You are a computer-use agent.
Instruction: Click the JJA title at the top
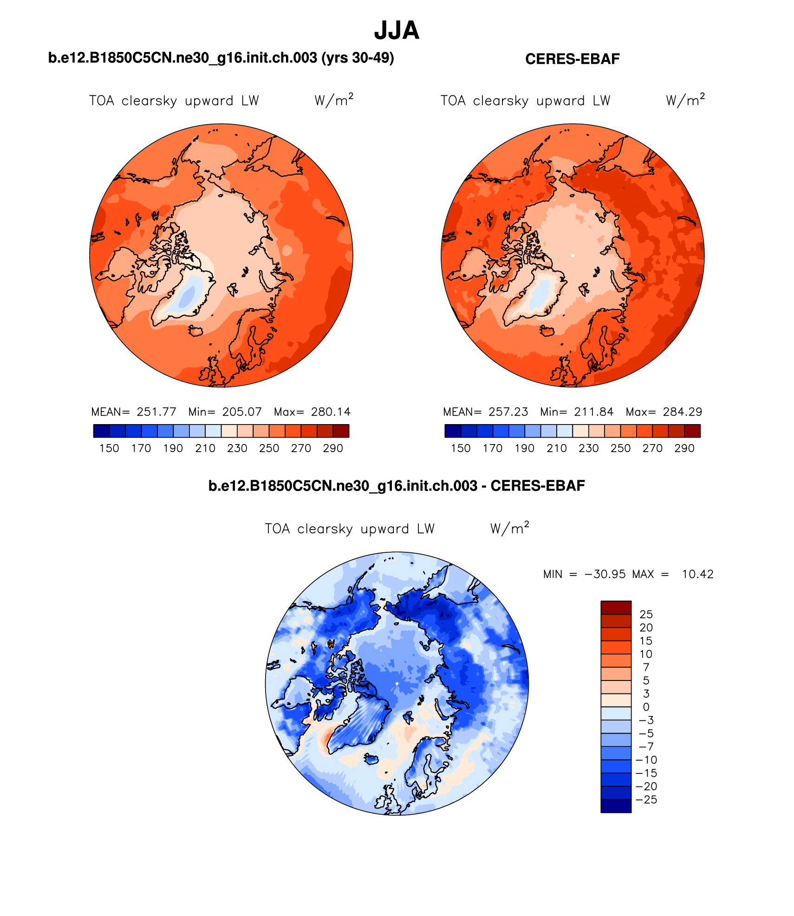click(x=397, y=31)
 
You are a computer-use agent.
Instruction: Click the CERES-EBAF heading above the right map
click(x=572, y=59)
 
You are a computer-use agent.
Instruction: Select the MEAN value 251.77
click(x=156, y=412)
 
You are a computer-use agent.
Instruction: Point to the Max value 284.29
click(x=682, y=412)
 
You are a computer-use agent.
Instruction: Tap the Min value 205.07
click(x=242, y=412)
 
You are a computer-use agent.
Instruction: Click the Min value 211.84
click(x=593, y=412)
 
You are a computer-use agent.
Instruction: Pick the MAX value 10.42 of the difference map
click(x=697, y=574)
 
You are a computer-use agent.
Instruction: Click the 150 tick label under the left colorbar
click(x=109, y=448)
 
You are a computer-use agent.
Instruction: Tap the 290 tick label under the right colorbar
click(x=684, y=448)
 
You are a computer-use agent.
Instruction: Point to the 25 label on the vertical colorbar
click(x=646, y=615)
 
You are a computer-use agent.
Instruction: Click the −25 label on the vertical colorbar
click(x=646, y=800)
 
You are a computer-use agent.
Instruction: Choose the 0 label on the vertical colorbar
click(x=646, y=707)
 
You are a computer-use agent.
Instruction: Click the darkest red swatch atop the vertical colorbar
click(x=616, y=608)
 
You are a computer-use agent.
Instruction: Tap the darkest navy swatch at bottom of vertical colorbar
click(x=616, y=806)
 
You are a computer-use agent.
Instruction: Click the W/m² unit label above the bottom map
click(x=509, y=529)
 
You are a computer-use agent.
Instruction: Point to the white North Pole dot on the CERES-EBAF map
click(x=573, y=255)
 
